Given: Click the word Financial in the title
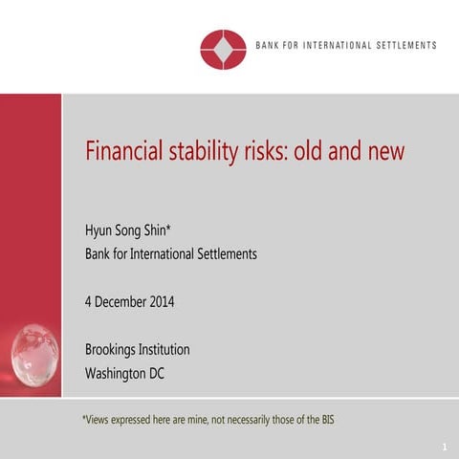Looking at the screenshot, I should coord(125,152).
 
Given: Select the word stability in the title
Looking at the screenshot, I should coord(207,152).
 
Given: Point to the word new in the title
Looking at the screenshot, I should coord(383,152).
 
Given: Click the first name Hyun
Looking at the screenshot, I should coord(100,232).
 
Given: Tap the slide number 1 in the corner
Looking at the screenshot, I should coord(446,448).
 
